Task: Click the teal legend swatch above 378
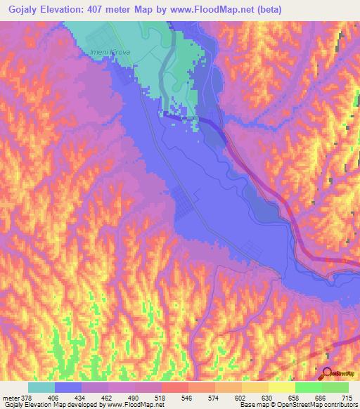(41, 387)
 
